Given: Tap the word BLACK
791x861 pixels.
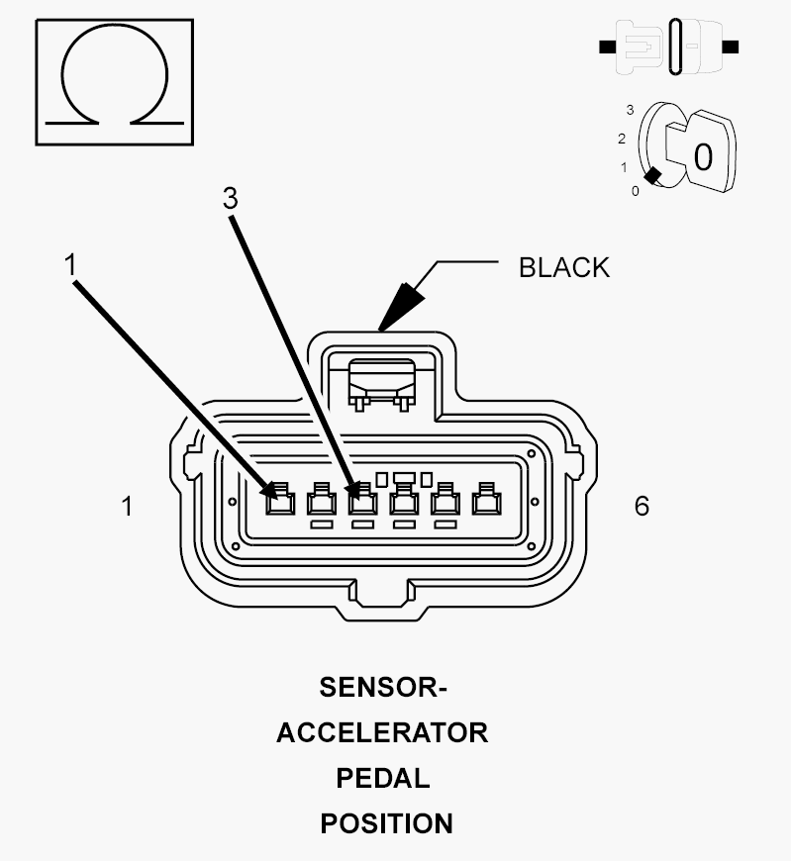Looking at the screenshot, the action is pos(564,268).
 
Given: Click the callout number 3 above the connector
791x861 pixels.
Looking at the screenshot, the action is pos(230,198).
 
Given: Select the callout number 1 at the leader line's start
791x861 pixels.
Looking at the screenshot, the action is pos(69,264).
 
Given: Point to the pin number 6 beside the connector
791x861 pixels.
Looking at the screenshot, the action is pos(642,506).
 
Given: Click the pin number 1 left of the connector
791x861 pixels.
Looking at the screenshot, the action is pos(127,507).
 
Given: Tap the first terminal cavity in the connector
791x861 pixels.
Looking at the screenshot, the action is pos(280,499).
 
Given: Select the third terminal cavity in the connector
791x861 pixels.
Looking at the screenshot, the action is pos(362,499).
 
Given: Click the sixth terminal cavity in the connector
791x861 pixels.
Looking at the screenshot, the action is pos(487,499).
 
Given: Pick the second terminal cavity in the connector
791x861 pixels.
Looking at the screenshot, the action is pos(322,499).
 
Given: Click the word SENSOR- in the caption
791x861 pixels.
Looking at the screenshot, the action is pos(383,688).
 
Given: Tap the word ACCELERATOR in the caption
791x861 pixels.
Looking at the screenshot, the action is pos(382,733).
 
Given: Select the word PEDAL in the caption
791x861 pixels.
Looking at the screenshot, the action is pos(383,779).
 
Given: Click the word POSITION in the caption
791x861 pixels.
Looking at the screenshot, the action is pos(387,823).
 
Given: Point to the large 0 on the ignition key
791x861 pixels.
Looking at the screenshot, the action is pos(703,157).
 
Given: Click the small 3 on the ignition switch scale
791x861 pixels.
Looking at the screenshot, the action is pos(630,111).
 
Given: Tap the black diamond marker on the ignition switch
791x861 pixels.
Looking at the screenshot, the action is pos(652,176).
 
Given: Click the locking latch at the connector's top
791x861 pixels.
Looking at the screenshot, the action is pos(382,384).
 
